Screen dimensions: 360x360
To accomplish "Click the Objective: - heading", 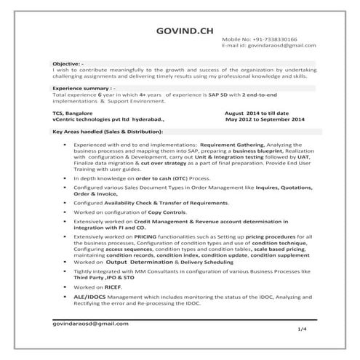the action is point(63,63).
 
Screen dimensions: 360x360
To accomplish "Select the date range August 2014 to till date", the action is point(257,113).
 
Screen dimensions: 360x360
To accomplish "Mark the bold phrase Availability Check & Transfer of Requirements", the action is point(167,201).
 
